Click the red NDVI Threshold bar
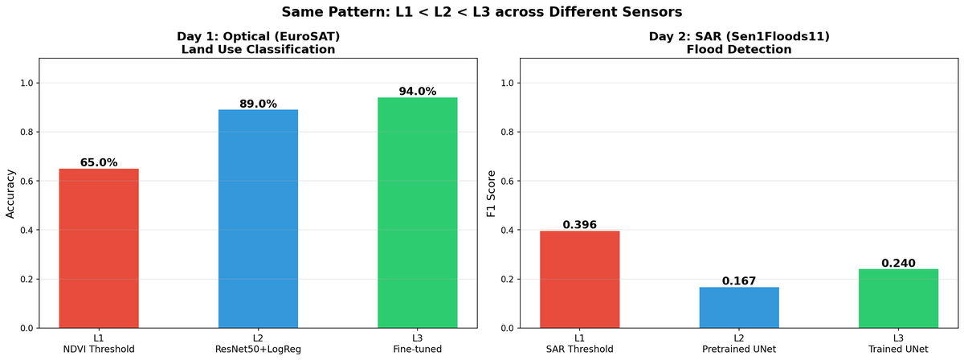pyautogui.click(x=99, y=248)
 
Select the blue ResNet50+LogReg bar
pyautogui.click(x=258, y=219)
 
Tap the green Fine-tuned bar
pyautogui.click(x=418, y=213)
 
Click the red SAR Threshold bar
pyautogui.click(x=579, y=280)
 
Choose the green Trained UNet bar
pyautogui.click(x=898, y=299)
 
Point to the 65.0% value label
pyautogui.click(x=99, y=162)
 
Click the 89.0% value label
pyautogui.click(x=258, y=104)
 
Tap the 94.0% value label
pyautogui.click(x=418, y=92)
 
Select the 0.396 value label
pyautogui.click(x=579, y=225)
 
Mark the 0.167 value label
pyautogui.click(x=738, y=281)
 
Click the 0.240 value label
pyautogui.click(x=898, y=263)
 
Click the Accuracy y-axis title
pyautogui.click(x=11, y=194)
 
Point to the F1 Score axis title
pyautogui.click(x=492, y=194)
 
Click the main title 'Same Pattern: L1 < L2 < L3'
pyautogui.click(x=482, y=12)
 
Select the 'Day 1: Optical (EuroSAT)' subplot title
pyautogui.click(x=258, y=36)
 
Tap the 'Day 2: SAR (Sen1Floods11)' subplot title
pyautogui.click(x=738, y=36)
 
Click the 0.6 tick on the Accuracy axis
pyautogui.click(x=27, y=181)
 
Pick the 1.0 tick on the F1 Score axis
pyautogui.click(x=507, y=83)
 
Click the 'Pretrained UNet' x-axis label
pyautogui.click(x=738, y=350)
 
